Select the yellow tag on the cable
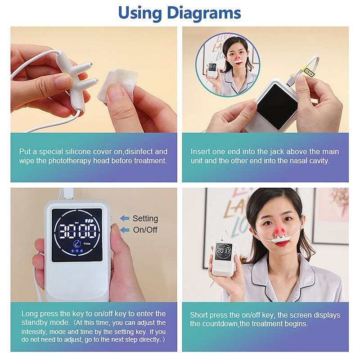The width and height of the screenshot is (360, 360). click(307, 70)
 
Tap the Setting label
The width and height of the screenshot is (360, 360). click(145, 218)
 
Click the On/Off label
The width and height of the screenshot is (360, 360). click(145, 229)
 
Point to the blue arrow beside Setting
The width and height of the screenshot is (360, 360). click(125, 219)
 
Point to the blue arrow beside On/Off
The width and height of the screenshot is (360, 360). click(125, 230)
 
